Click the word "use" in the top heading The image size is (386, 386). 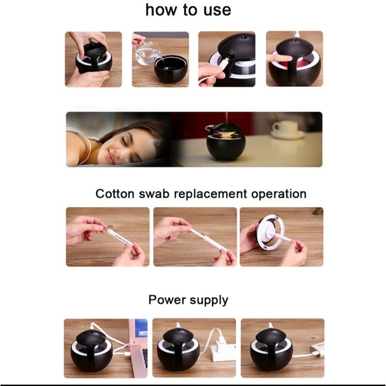(x=218, y=11)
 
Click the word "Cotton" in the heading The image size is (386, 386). (x=115, y=193)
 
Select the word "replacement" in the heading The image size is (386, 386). (x=210, y=194)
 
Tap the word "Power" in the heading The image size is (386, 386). (x=167, y=300)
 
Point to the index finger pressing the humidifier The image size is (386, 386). (x=279, y=58)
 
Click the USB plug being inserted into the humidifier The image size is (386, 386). (x=224, y=63)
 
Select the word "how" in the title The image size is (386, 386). (x=161, y=10)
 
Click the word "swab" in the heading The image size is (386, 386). (x=154, y=193)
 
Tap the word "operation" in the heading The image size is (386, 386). (x=279, y=194)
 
